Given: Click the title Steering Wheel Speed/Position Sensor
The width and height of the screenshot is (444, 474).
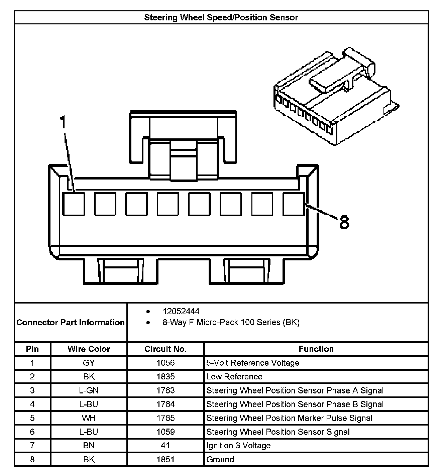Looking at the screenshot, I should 221,17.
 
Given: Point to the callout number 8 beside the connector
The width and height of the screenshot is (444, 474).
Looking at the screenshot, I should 344,222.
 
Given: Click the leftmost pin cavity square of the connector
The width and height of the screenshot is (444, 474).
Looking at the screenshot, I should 74,204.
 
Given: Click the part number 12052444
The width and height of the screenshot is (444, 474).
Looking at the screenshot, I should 181,312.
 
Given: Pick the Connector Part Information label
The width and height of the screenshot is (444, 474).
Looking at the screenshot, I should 71,323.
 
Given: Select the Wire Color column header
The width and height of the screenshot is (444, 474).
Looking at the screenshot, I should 89,349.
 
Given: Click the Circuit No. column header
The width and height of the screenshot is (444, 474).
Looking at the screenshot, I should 165,349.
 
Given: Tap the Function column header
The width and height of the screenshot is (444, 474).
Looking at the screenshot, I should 316,349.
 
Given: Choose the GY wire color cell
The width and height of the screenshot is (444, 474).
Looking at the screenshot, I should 89,363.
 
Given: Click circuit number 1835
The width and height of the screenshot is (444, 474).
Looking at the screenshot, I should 165,377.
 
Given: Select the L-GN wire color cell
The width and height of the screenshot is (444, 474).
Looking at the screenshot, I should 89,390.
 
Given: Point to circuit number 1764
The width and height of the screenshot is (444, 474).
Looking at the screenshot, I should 165,404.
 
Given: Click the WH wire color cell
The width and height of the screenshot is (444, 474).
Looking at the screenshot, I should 89,418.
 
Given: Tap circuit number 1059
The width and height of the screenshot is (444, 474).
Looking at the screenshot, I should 165,432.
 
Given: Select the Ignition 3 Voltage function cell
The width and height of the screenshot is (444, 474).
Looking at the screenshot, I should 238,446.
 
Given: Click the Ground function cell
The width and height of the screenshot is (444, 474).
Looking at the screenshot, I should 220,459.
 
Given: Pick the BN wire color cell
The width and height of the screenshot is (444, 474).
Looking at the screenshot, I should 89,446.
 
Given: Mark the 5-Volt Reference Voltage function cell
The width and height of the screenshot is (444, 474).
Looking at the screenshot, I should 253,363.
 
